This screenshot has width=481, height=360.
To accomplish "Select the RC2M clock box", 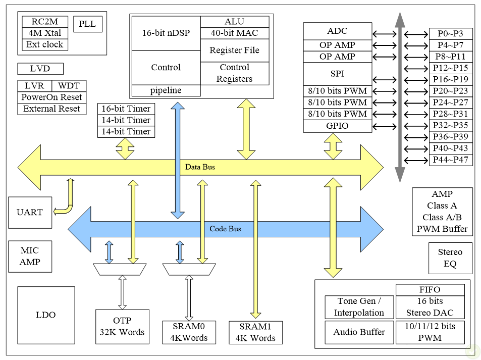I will (x=45, y=22).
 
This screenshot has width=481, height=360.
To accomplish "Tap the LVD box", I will (x=40, y=69).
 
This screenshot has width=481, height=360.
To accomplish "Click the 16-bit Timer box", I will (x=126, y=109).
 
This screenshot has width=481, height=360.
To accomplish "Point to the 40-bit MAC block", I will (x=234, y=33).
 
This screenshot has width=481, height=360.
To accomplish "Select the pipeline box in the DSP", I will (x=166, y=91).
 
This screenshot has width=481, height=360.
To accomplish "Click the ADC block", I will (x=337, y=31).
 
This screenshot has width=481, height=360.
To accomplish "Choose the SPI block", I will (x=337, y=74).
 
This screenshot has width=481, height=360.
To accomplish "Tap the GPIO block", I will (x=337, y=126).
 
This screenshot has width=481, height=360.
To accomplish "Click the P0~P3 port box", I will (x=451, y=34).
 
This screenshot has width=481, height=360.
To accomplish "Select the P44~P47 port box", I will (x=451, y=160).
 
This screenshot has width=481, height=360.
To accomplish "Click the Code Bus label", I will (x=225, y=229).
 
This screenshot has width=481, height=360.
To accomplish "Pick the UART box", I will (x=30, y=212).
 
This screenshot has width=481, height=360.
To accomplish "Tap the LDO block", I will (x=45, y=315).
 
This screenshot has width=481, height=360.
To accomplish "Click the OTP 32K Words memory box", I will (x=122, y=326).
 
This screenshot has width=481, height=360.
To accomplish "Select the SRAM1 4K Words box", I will (x=255, y=332).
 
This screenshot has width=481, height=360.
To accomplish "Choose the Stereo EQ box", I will (x=450, y=258).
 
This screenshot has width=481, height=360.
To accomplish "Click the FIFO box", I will (x=430, y=290).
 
